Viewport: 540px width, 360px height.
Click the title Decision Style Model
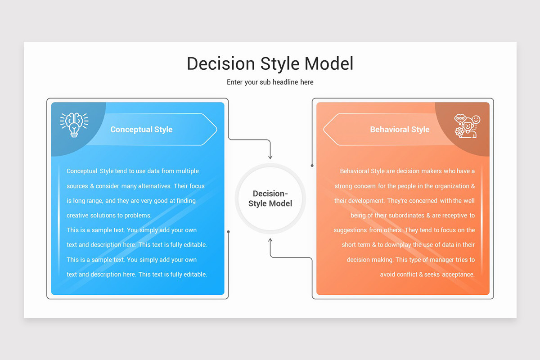pos(270,63)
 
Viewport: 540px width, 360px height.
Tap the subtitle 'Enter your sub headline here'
pos(270,82)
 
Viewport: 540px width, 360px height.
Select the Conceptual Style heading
pos(141,130)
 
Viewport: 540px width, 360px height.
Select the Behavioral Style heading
pos(400,130)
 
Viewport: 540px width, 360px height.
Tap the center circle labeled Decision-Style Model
pos(270,198)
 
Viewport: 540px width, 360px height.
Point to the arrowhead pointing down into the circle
pos(270,156)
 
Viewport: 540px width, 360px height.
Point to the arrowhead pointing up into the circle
pos(270,241)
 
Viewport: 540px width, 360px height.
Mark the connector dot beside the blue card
pos(229,232)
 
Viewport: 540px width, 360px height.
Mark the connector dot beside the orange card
pos(312,166)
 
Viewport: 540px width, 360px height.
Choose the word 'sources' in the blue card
pos(77,186)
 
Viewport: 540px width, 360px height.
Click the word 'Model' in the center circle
pos(280,203)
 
